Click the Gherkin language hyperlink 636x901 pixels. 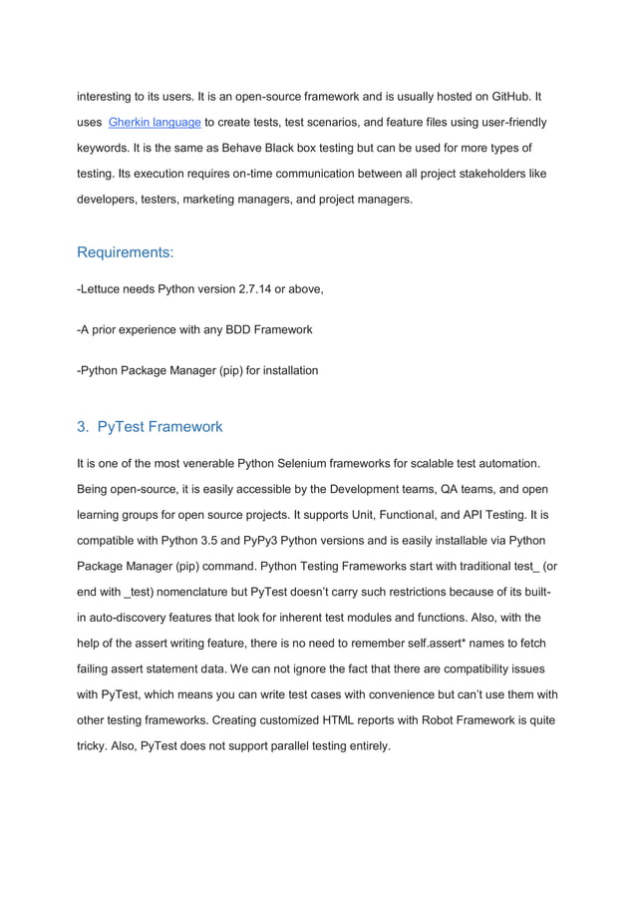click(x=155, y=122)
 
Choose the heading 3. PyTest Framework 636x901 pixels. click(x=150, y=426)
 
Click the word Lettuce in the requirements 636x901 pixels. click(x=104, y=289)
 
